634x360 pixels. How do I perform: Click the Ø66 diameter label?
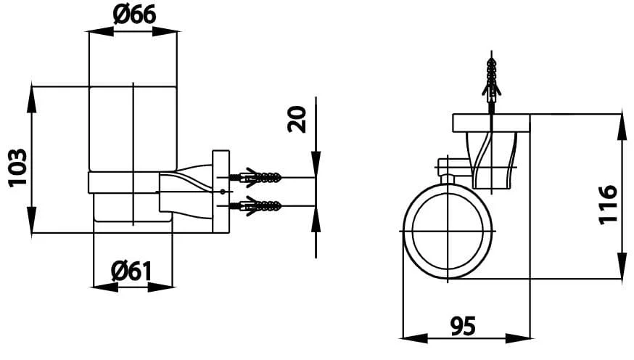coord(134,15)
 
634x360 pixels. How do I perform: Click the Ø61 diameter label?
coord(131,271)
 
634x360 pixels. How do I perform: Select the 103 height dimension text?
coord(18,168)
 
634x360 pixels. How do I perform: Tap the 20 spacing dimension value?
coord(297,119)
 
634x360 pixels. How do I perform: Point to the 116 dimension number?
coord(608,205)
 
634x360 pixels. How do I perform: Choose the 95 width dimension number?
coord(463,325)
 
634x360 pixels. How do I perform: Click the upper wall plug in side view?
coord(255,177)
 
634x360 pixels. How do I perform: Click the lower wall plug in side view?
coord(255,206)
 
